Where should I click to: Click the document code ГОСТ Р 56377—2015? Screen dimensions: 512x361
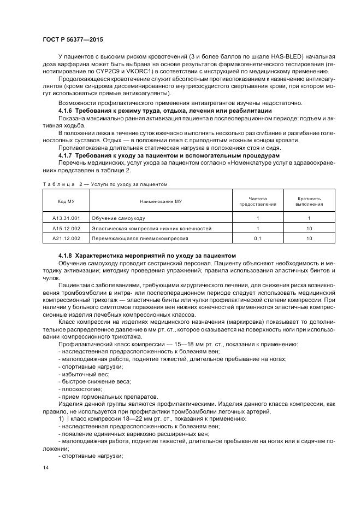coord(72,40)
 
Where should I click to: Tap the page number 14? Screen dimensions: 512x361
coord(45,468)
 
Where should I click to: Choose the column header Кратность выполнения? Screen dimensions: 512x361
coord(309,201)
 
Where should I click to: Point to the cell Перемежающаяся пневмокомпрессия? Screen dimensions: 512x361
coord(140,238)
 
